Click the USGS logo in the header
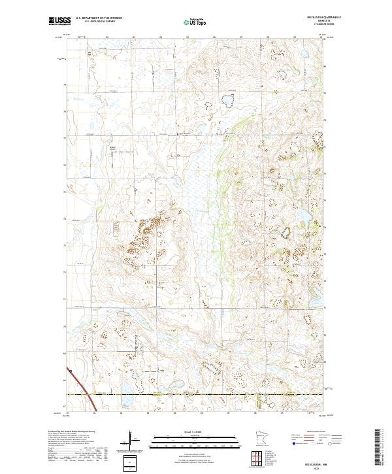[60, 21]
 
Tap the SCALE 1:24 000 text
[195, 431]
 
